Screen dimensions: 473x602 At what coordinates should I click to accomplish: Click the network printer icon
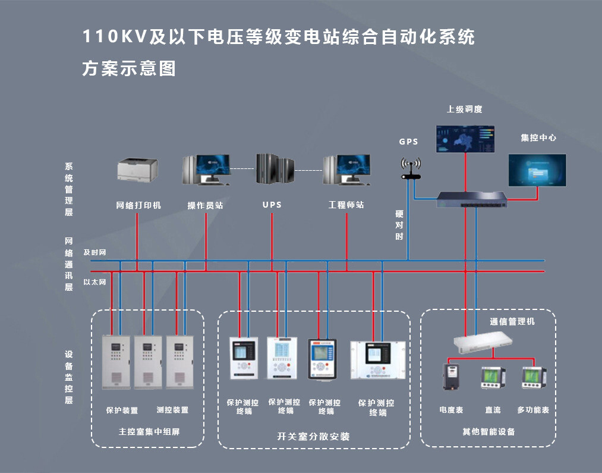click(x=137, y=169)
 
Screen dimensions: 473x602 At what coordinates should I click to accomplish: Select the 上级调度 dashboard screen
click(x=465, y=139)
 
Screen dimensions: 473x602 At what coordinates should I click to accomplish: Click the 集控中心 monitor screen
click(x=537, y=170)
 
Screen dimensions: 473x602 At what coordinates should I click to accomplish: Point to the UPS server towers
click(x=275, y=169)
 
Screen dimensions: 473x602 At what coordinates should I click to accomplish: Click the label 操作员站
click(x=206, y=205)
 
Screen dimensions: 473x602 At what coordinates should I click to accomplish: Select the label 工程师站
click(x=346, y=205)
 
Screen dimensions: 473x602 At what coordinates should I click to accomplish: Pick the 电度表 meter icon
click(x=451, y=378)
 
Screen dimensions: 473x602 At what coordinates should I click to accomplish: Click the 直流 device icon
click(x=493, y=378)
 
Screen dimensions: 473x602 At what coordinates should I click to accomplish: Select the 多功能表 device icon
click(x=534, y=378)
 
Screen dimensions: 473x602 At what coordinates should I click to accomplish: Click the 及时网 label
click(x=95, y=253)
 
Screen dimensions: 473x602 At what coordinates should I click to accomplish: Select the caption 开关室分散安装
click(x=313, y=437)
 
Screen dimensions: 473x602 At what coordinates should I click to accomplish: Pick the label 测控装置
click(x=172, y=410)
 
